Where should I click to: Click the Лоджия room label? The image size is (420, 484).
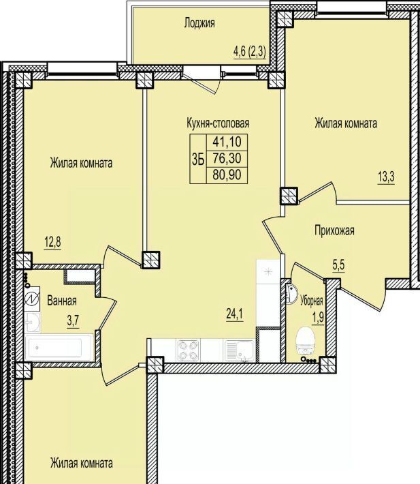coord(199,23)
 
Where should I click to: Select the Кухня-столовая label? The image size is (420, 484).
coord(218,123)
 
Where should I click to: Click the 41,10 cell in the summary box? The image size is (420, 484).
coord(227,142)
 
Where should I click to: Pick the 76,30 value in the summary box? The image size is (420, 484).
coord(227,159)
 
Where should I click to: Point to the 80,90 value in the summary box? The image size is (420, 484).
coord(227,175)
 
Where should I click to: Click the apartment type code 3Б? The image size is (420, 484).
coord(198,160)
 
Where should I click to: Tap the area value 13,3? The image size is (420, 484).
coord(386,177)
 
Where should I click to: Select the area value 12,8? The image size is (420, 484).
coord(52,242)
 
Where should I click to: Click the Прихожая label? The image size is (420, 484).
coord(334,230)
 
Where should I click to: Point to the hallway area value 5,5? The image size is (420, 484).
coord(338,265)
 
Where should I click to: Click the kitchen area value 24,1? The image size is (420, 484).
coord(235,314)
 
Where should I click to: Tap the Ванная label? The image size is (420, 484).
coord(62,301)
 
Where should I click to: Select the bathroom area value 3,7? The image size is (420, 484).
coord(74,320)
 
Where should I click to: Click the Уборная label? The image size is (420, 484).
coord(312,301)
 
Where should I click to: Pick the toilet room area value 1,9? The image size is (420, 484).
coord(319,317)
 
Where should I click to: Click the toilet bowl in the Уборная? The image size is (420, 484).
coord(304,341)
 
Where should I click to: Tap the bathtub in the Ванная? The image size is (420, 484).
coord(59,347)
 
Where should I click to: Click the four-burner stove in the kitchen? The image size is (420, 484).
coord(188,350)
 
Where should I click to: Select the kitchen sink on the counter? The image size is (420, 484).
coord(240,350)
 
